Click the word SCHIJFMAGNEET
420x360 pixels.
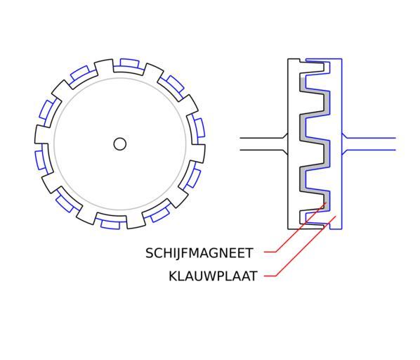click(x=199, y=253)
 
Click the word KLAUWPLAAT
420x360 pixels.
click(x=213, y=276)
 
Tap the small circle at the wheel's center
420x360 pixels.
click(x=119, y=144)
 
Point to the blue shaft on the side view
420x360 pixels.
click(x=369, y=144)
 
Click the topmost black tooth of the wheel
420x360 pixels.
click(x=104, y=67)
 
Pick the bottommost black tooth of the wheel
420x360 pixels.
click(x=136, y=221)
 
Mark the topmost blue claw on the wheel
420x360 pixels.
click(x=130, y=63)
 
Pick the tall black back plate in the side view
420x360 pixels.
click(x=294, y=144)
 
